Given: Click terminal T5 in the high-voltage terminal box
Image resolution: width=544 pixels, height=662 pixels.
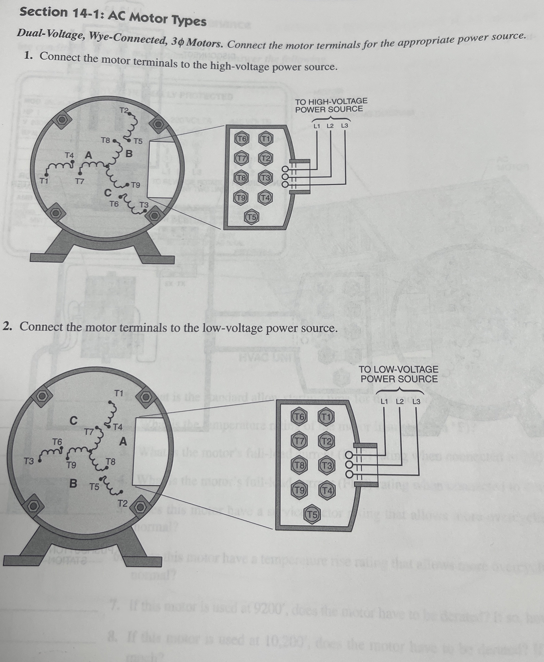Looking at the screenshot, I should click(252, 217).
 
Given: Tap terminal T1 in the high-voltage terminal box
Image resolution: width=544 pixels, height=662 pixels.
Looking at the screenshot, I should click(266, 139).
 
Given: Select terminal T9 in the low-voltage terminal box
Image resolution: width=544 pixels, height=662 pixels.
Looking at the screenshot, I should click(299, 490).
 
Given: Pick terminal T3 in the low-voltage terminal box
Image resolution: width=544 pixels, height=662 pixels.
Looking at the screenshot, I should click(327, 466).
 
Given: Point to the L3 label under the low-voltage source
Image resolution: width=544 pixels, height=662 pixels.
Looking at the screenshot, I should click(416, 402).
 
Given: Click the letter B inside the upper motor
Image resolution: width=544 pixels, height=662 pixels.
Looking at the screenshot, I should click(129, 154).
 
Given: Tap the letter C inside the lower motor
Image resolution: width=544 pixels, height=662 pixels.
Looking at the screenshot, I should click(73, 420).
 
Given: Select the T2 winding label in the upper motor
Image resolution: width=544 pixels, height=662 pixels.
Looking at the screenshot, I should click(124, 110).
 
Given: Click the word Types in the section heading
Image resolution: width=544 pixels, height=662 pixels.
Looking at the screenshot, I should click(189, 21).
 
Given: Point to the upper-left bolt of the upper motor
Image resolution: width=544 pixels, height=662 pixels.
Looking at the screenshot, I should click(62, 120).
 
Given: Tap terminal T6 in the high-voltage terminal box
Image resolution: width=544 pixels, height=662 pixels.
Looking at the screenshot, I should click(242, 139).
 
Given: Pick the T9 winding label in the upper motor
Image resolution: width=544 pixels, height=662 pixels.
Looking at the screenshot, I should click(135, 185).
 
